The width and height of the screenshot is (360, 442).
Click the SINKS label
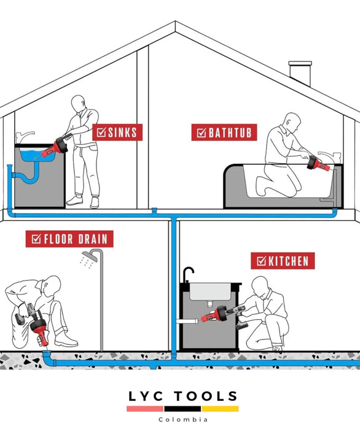[117, 132]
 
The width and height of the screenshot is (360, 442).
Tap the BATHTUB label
[224, 132]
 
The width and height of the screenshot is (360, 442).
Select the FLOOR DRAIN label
[69, 239]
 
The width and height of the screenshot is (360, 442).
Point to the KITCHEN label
[283, 261]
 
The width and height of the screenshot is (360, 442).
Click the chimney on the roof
[300, 72]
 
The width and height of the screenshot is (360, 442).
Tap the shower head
[90, 257]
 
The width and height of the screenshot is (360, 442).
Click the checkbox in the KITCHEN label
[262, 261]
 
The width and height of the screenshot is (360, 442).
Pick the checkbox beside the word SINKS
[101, 132]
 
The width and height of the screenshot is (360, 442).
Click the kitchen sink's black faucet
[188, 274]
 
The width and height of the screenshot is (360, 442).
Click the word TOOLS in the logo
[206, 397]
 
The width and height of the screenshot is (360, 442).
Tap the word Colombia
[183, 420]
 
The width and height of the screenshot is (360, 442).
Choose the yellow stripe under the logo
[220, 409]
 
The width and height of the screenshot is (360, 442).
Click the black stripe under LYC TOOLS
[182, 409]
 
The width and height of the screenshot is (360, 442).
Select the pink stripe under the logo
[145, 409]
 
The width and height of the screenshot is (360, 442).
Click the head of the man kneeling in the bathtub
[292, 122]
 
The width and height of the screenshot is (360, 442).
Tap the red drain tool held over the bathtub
[318, 165]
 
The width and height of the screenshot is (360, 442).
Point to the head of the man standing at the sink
[78, 104]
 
